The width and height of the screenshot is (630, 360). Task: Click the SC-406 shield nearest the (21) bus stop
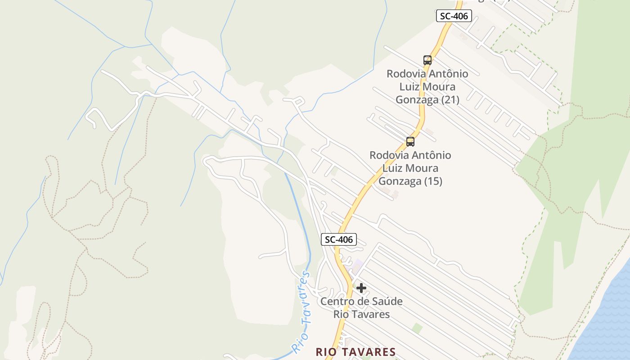click(x=454, y=16)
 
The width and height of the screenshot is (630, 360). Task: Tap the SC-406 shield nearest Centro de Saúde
click(x=339, y=239)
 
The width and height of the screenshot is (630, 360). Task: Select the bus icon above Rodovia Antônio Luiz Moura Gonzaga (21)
click(x=427, y=60)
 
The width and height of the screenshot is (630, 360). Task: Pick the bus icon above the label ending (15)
click(x=410, y=141)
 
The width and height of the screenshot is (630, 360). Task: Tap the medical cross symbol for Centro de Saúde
click(x=361, y=288)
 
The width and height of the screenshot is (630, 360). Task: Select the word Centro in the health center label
click(x=336, y=301)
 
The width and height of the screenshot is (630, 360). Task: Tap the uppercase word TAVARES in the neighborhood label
click(x=367, y=352)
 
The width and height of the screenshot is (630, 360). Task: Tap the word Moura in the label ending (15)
click(x=421, y=168)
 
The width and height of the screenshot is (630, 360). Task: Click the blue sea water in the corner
click(x=607, y=324)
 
